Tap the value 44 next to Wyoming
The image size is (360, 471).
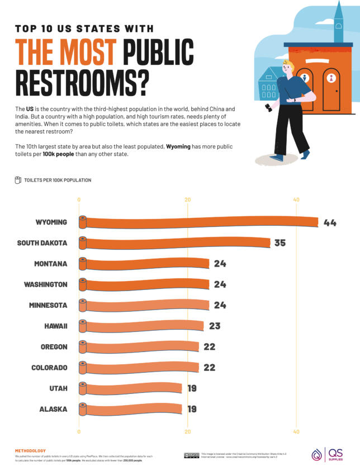coord(329,222)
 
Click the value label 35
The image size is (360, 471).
coord(280,243)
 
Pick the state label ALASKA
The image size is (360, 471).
coord(53,409)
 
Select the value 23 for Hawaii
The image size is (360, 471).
coord(215,326)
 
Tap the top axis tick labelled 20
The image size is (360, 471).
coord(188,200)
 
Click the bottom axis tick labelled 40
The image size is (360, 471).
coord(296,431)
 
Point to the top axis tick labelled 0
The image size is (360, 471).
coord(79,200)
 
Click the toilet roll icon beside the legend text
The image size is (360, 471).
coord(18,180)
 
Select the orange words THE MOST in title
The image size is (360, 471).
coord(66,52)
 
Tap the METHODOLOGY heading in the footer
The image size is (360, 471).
coord(30,450)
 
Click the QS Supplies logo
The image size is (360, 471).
coord(328,454)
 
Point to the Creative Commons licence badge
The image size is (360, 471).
coord(191,455)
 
